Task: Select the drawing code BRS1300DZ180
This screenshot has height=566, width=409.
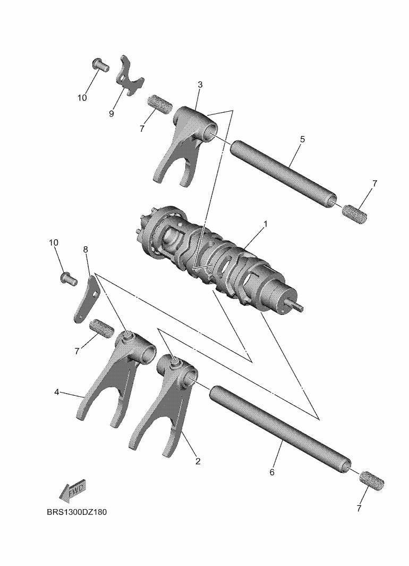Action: pos(77,512)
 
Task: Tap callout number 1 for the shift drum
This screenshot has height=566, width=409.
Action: pos(266,224)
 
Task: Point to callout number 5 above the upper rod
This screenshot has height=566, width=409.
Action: pos(302,139)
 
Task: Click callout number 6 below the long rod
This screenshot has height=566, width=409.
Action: pos(272,472)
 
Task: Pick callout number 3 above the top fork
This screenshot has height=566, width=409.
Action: pos(200,85)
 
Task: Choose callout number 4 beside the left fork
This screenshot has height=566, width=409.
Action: pos(57,392)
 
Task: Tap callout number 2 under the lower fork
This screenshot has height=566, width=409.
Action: pos(198,461)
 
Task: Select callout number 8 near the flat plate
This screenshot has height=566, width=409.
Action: pos(86,249)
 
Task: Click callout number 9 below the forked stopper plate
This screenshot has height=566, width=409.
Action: pos(112,114)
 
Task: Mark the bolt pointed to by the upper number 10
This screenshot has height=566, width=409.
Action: pos(100,64)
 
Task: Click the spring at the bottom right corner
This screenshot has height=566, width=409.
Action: pos(372,481)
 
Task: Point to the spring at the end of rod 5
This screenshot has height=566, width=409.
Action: pos(355,213)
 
